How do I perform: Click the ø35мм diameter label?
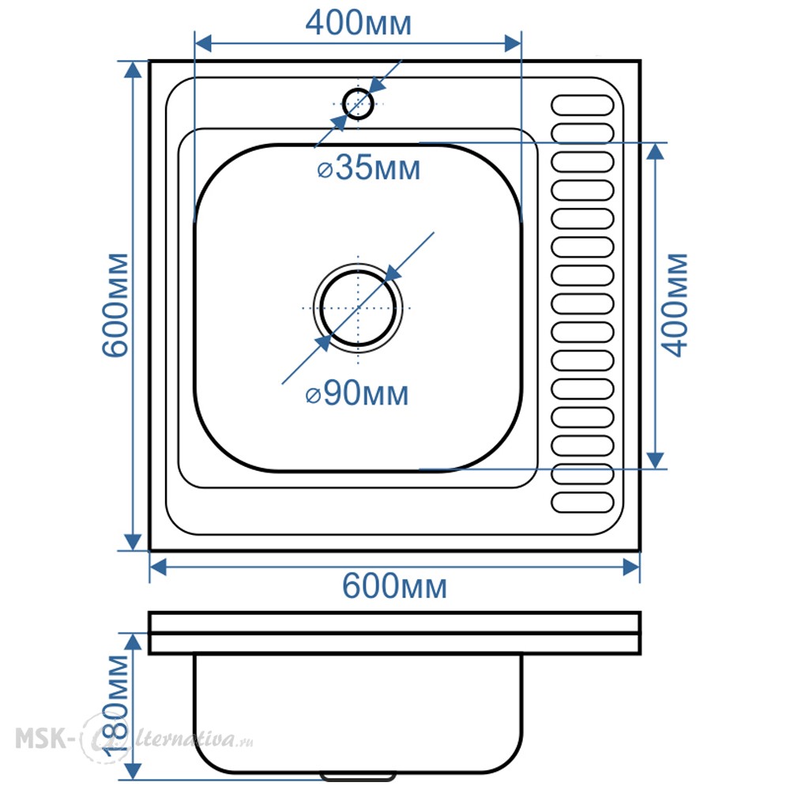[x=368, y=167]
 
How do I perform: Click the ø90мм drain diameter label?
[x=357, y=393]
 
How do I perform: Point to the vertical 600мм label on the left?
[x=116, y=305]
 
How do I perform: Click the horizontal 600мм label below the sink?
[x=394, y=587]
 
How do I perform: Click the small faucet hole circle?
[x=358, y=103]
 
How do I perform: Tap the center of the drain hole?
[x=358, y=307]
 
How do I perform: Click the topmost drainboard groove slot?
[x=582, y=105]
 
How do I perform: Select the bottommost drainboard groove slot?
[x=582, y=502]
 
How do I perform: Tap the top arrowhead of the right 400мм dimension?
[x=655, y=151]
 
